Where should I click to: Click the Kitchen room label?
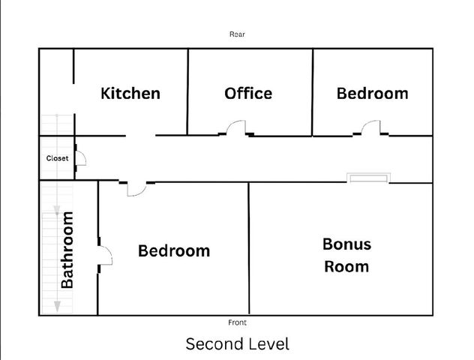[x=130, y=94]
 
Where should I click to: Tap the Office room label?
[x=248, y=94]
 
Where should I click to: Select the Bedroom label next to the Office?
[x=372, y=94]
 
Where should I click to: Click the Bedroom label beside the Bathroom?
[x=174, y=250]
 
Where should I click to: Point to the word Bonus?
[x=346, y=244]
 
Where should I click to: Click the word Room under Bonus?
[x=346, y=266]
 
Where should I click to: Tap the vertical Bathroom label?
[x=67, y=250]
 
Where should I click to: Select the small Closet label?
[x=57, y=158]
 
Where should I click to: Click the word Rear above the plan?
[x=237, y=34]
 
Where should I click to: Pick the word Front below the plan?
[x=237, y=322]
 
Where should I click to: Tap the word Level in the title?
[x=265, y=344]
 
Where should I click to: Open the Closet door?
[x=80, y=158]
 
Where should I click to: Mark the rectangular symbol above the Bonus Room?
[x=367, y=178]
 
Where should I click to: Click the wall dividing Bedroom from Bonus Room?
[x=248, y=247]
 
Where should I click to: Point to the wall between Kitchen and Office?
[x=187, y=90]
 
